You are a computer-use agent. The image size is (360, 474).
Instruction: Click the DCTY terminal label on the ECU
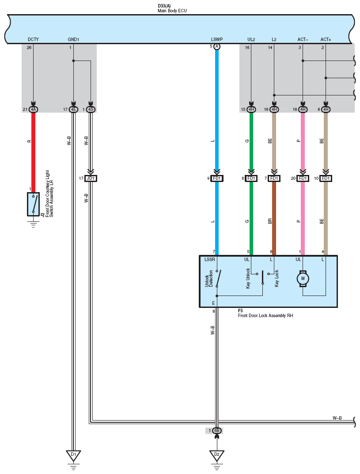33,39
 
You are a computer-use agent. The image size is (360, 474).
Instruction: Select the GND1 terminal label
73,39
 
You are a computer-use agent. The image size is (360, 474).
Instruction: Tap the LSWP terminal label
217,39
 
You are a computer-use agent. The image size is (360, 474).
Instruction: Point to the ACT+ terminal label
326,39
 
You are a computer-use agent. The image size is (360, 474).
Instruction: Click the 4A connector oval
33,110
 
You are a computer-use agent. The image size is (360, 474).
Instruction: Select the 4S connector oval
91,110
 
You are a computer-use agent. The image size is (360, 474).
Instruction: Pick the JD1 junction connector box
91,178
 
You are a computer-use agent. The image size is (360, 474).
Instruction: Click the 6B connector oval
217,430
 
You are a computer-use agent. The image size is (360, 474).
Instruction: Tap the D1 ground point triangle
73,455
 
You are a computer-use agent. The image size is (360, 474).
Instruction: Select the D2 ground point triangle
217,455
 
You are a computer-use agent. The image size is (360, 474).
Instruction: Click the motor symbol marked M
303,278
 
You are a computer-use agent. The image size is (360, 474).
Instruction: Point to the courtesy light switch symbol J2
33,204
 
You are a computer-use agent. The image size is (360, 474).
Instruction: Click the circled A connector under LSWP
217,46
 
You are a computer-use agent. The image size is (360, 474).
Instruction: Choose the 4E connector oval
73,110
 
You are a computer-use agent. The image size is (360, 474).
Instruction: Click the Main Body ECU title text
172,11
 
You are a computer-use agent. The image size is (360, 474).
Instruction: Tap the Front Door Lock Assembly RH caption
265,315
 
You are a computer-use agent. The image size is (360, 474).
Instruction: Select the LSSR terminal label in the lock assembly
210,259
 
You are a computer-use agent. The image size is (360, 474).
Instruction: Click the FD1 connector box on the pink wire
303,178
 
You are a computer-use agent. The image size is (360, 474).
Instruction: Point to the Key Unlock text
248,278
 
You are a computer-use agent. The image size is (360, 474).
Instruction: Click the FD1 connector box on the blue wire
217,178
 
